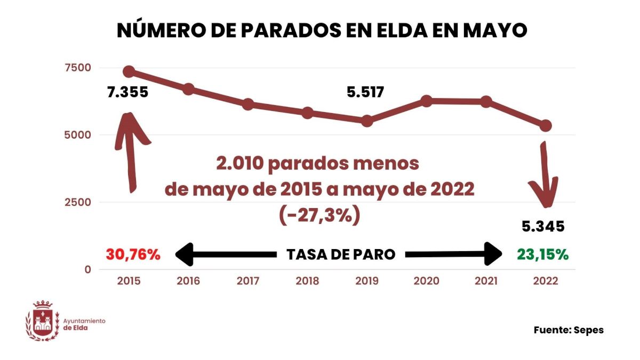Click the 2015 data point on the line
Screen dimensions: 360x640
coord(129,71)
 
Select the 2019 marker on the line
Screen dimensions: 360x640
coord(367,121)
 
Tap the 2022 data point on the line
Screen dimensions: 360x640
coord(545,126)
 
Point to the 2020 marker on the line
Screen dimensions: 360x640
coord(426,101)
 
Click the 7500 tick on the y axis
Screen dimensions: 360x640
coord(78,68)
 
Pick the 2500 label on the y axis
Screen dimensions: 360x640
coord(78,202)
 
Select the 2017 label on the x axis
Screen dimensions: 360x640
coord(247,281)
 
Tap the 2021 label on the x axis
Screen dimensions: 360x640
coord(486,281)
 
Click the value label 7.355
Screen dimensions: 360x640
coord(127,92)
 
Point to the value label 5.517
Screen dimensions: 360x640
coord(365,92)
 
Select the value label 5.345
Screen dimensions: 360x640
coord(543,227)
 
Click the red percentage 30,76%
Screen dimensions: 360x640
coord(133,254)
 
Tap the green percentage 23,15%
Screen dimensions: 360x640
coord(542,254)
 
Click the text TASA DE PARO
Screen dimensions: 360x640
coord(341,254)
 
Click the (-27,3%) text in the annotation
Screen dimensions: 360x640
coord(319,214)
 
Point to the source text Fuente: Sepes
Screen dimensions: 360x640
coord(569,330)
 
